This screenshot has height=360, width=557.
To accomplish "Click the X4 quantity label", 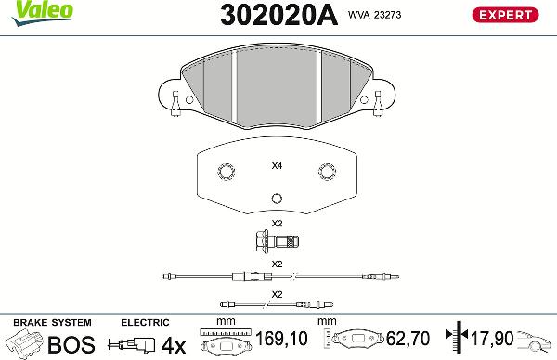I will click(x=276, y=167).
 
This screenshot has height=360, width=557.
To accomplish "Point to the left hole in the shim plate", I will click(x=225, y=172).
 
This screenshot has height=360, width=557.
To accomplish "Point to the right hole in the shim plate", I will click(x=327, y=172).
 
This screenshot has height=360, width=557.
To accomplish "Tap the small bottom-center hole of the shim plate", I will click(x=276, y=199).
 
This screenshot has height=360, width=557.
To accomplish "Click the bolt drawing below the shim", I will click(x=277, y=243).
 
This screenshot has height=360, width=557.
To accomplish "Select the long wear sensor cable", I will click(x=276, y=276).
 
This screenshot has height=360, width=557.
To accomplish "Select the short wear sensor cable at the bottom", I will click(x=276, y=302).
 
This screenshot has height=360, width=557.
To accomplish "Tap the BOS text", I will click(x=71, y=345).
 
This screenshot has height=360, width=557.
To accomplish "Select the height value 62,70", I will click(x=408, y=341).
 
